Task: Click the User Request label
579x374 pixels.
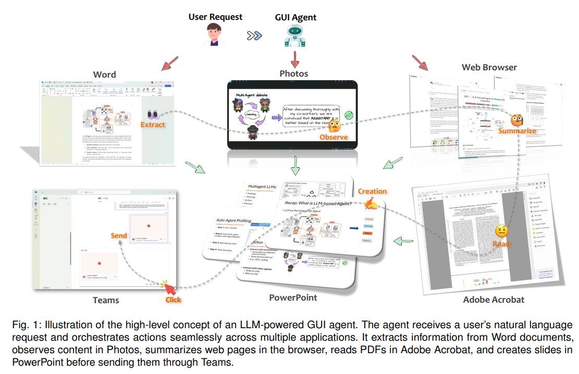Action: point(215,17)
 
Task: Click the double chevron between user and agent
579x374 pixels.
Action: point(255,36)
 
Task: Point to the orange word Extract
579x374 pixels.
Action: point(153,124)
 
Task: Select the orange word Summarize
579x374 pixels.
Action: point(517,131)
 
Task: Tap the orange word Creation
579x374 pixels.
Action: point(372,191)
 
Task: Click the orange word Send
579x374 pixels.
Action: point(119,235)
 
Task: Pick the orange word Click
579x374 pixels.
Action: point(173,300)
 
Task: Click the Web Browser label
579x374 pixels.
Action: point(489,67)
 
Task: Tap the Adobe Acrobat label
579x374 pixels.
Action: point(494,300)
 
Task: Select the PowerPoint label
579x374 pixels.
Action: point(293,297)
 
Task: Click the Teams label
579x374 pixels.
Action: point(106,300)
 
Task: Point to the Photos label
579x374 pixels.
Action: point(293,73)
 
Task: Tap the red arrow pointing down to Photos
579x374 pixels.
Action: point(295,58)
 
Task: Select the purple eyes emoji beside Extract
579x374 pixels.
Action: point(153,114)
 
